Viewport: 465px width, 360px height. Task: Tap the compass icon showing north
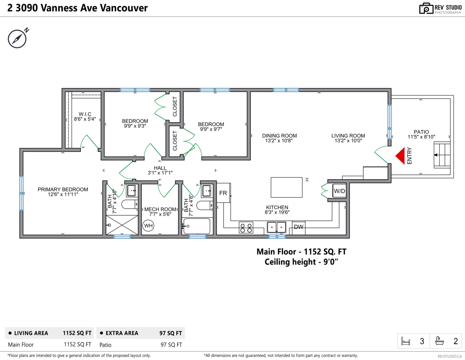tap(17, 38)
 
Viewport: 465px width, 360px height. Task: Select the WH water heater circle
tap(148, 226)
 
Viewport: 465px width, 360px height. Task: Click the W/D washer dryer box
tap(339, 191)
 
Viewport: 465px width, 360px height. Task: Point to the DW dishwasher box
tap(298, 227)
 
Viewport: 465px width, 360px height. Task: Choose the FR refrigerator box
tap(223, 193)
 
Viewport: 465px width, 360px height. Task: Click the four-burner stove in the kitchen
tap(246, 227)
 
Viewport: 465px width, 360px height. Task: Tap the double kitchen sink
tap(277, 227)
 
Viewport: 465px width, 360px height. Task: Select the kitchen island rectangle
tap(286, 187)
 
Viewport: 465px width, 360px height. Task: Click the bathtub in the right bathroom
tap(197, 226)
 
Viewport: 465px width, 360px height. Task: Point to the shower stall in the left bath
tap(122, 225)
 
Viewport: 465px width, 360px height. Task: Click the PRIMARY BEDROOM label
tap(63, 189)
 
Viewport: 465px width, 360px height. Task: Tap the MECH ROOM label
tap(157, 209)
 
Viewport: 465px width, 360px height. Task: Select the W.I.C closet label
tap(84, 114)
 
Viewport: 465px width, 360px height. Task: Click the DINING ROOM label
tap(279, 136)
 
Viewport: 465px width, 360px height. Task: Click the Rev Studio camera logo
tap(426, 9)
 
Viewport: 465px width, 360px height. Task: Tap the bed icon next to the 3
tap(406, 341)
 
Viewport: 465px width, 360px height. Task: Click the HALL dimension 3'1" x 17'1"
tap(160, 173)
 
